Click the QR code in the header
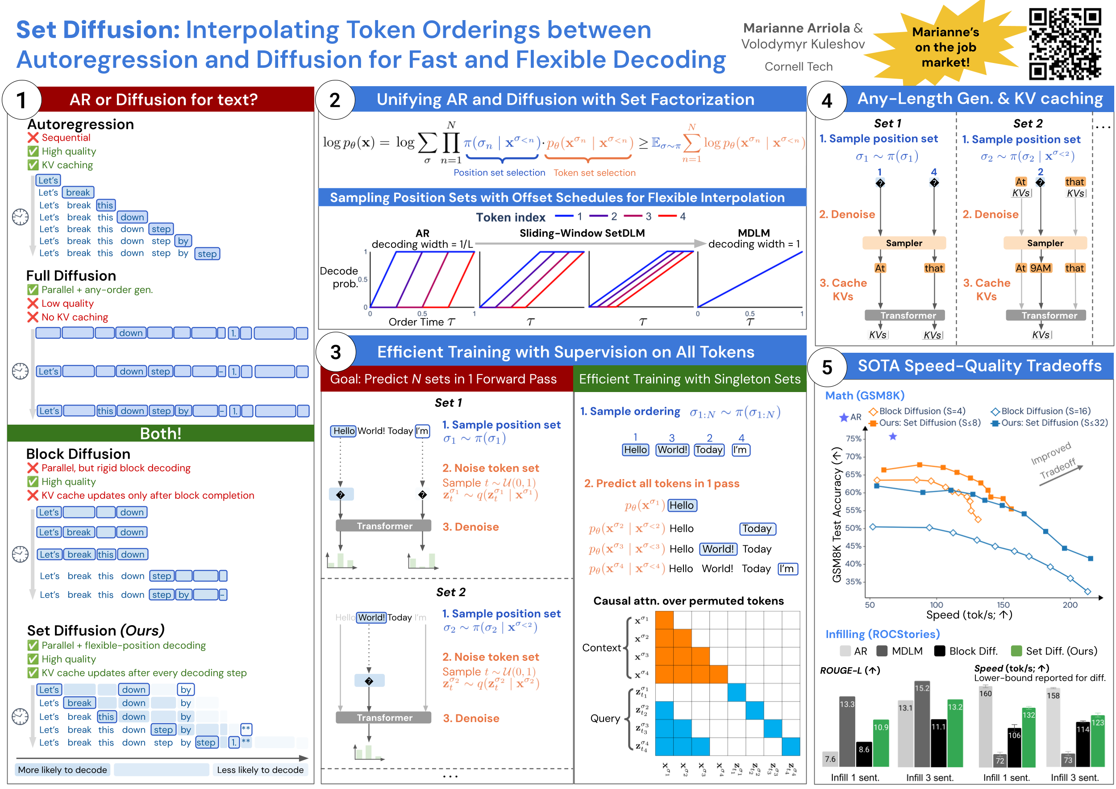tap(1065, 44)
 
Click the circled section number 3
tap(335, 352)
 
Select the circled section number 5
tap(827, 367)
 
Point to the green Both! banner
tap(161, 433)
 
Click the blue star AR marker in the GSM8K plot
tap(893, 437)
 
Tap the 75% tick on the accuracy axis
tap(854, 438)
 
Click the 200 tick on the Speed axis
tap(1070, 605)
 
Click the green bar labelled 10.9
tap(881, 743)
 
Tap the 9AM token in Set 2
tap(1041, 268)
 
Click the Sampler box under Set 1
tap(904, 243)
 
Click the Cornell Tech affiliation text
tap(799, 67)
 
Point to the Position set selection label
tap(499, 172)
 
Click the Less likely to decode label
tap(260, 769)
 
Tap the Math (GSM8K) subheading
tap(865, 396)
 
